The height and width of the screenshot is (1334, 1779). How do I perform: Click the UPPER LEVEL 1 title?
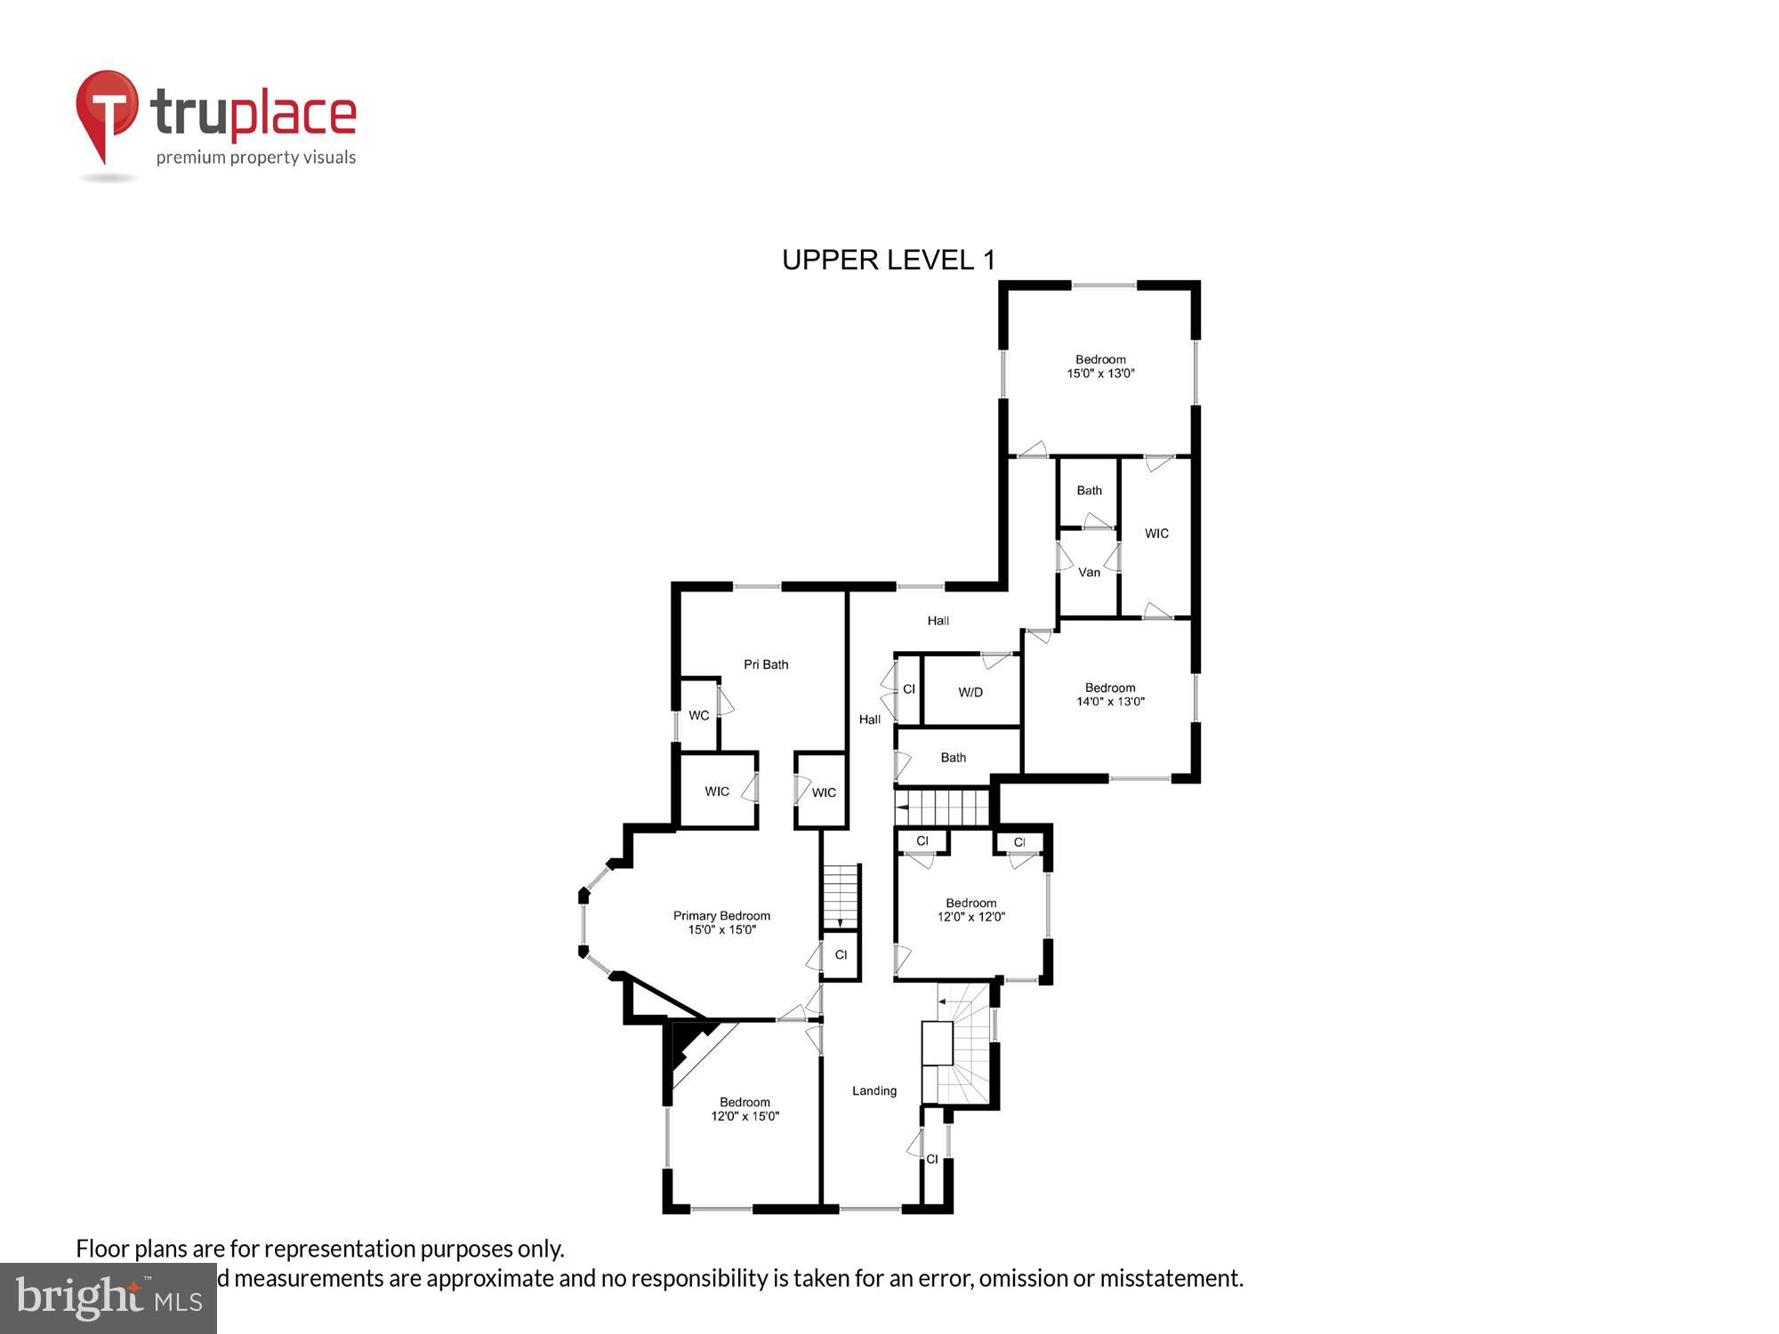pos(888,260)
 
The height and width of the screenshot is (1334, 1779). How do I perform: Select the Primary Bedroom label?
pos(721,916)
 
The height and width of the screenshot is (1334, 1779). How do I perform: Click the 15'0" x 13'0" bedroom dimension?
pos(1100,374)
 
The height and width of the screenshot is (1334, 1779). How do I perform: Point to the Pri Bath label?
pos(766,664)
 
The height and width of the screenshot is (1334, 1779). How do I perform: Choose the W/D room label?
pos(970,692)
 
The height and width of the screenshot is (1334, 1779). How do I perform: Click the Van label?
pos(1089,572)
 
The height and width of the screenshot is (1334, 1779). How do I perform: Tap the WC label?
pos(699,715)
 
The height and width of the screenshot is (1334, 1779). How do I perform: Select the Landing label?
pos(874,1090)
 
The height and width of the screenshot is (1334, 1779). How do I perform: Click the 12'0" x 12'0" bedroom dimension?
pos(971,917)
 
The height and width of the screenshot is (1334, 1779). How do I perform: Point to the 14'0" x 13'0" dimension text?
pos(1110,702)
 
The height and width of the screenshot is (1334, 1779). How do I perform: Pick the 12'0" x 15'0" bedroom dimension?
pos(745,1116)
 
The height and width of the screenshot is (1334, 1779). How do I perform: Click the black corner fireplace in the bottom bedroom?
pos(689,1045)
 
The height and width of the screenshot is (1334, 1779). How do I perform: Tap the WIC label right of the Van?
pos(1156,534)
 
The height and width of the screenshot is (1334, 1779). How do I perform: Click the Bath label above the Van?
pos(1089,490)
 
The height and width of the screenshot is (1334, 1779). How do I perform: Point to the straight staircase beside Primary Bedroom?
pos(841,896)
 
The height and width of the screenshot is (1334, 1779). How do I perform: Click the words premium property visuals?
pos(256,157)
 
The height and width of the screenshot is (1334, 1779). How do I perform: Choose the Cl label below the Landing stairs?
pos(932,1159)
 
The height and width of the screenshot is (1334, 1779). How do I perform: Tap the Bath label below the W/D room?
pos(954,758)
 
